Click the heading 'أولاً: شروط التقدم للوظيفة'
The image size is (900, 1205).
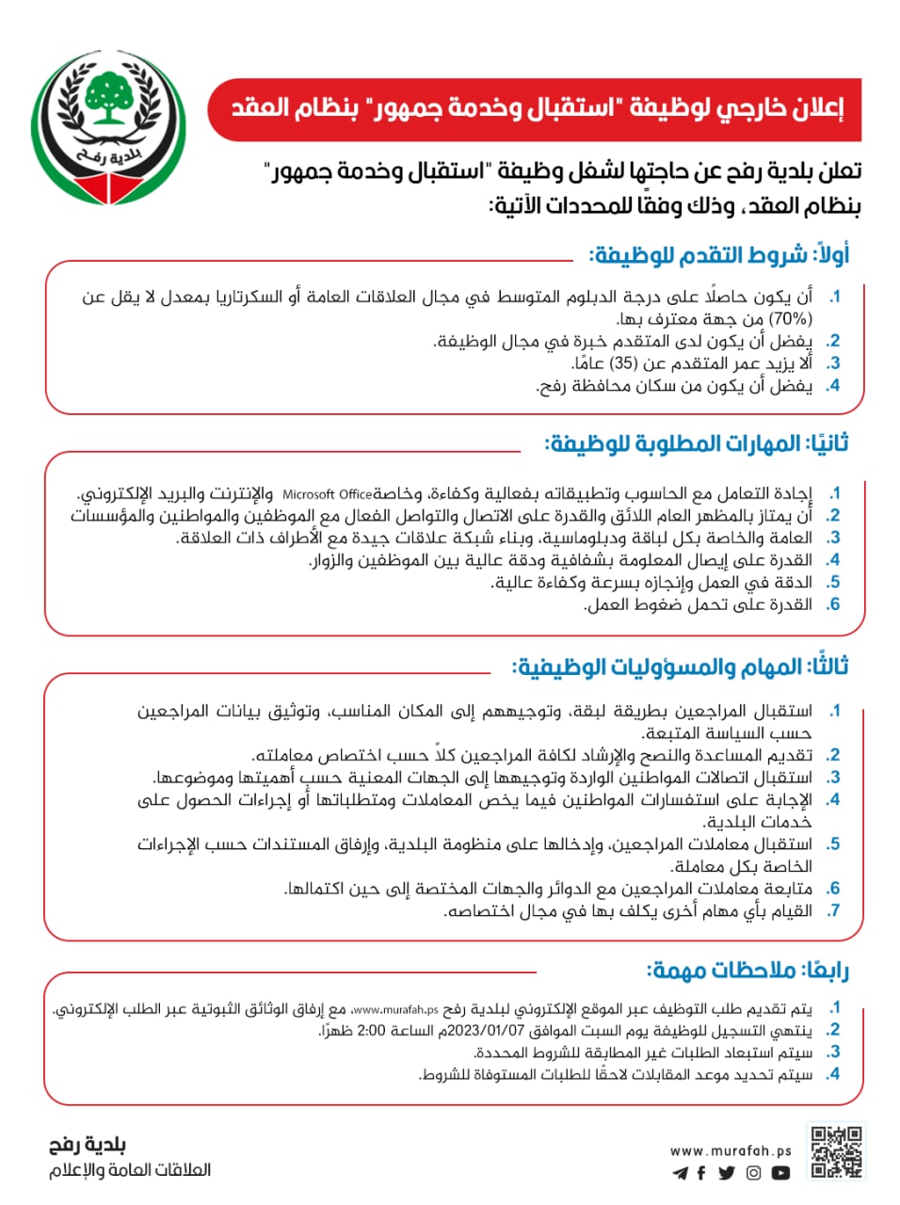(718, 254)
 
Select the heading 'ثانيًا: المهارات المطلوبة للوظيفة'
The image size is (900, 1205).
(697, 442)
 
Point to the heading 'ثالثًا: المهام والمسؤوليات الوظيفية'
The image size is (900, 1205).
(680, 667)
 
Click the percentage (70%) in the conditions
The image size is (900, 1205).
(791, 319)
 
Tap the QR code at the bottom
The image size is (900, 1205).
(836, 1151)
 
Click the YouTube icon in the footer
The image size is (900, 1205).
(780, 1173)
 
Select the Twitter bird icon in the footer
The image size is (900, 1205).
(727, 1173)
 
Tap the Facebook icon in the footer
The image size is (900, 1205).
(701, 1173)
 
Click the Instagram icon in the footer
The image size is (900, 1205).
(753, 1173)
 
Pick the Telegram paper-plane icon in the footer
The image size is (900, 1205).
(680, 1173)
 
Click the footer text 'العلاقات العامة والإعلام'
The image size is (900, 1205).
(130, 1170)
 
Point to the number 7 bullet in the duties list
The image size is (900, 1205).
(833, 910)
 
